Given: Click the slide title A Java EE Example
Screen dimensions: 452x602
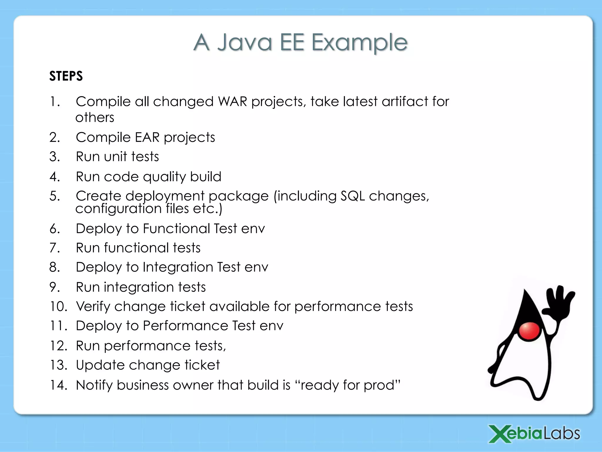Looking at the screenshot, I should click(x=300, y=43).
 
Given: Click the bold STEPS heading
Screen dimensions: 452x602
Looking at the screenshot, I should click(x=66, y=76).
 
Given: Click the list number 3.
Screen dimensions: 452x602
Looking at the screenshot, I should click(x=54, y=157).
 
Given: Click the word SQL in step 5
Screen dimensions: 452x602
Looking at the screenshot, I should click(x=352, y=196).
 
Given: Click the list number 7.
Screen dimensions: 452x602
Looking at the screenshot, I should click(x=54, y=248).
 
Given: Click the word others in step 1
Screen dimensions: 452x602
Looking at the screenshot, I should click(x=95, y=118).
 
